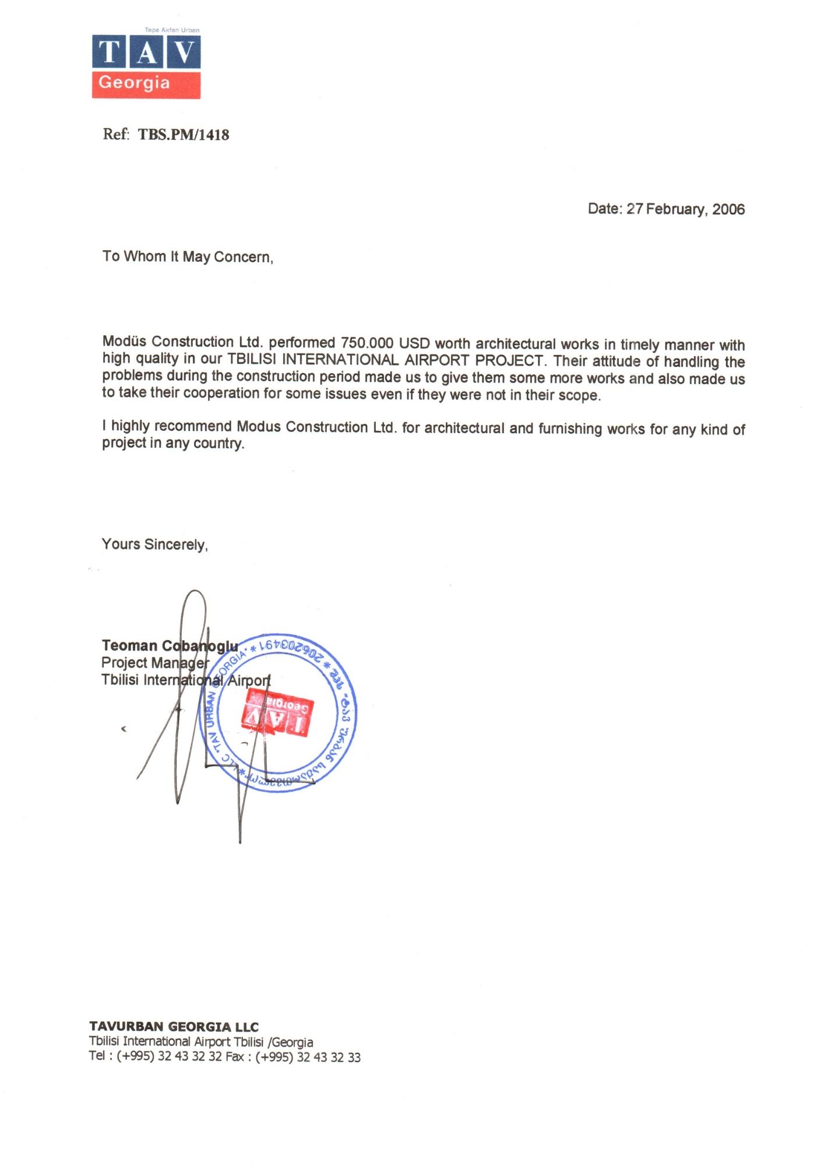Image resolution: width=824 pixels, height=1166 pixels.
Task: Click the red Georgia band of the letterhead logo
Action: coord(146,84)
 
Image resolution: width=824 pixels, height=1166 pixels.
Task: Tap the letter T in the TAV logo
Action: coord(108,52)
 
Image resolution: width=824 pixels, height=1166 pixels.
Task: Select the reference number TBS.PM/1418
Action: coord(184,135)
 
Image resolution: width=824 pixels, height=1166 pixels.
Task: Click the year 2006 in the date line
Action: coord(728,209)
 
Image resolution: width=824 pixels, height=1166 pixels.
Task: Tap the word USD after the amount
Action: coord(414,343)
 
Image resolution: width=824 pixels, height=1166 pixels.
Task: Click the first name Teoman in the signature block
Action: coord(129,645)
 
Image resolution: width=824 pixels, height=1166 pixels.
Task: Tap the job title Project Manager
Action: coord(154,663)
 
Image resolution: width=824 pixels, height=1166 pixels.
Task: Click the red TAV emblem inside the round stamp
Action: coord(277,714)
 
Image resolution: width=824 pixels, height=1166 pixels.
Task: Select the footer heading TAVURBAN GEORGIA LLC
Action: coord(174,1027)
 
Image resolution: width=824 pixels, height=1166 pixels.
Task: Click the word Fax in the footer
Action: coord(234,1057)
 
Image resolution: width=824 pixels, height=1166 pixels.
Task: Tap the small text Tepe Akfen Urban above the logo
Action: coord(172,30)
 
